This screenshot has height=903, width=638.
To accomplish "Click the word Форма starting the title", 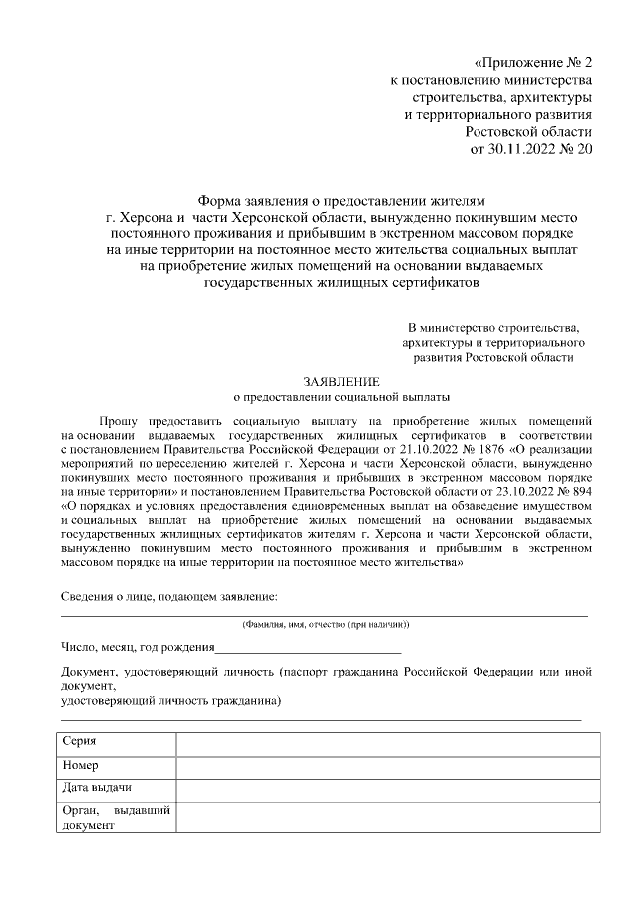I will pyautogui.click(x=220, y=200).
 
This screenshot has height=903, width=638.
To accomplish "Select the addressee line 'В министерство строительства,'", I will pyautogui.click(x=493, y=327).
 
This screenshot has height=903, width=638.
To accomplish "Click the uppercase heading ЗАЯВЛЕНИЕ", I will pyautogui.click(x=341, y=380).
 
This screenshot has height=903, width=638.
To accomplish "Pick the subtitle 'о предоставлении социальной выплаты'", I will pyautogui.click(x=341, y=395).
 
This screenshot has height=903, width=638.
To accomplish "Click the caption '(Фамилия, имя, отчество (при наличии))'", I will pyautogui.click(x=325, y=624).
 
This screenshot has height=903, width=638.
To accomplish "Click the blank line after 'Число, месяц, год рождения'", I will pyautogui.click(x=309, y=648).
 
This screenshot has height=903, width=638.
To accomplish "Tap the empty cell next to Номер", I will pyautogui.click(x=388, y=768).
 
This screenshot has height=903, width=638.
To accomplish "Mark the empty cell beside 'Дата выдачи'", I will pyautogui.click(x=388, y=790).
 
